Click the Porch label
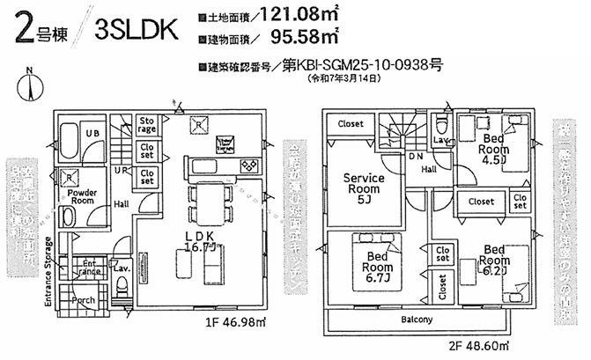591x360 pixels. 85,300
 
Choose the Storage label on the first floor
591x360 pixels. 146,125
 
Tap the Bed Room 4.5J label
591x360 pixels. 494,150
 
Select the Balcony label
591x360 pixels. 417,320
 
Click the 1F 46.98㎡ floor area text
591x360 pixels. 235,322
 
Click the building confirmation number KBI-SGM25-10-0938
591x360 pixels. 361,65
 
